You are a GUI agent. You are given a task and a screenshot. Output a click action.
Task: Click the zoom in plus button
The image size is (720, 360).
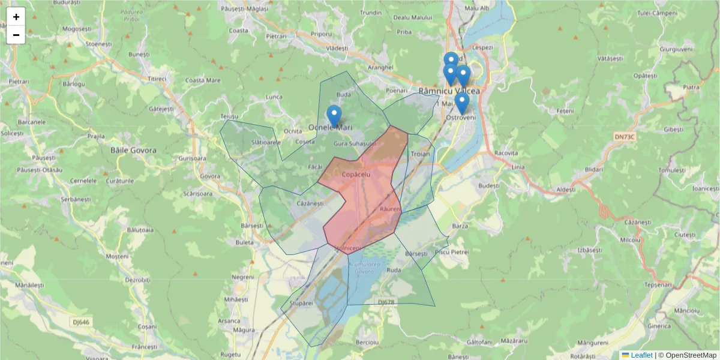[x=16, y=17]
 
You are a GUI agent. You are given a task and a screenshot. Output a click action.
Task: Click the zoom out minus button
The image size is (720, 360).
[x=16, y=35]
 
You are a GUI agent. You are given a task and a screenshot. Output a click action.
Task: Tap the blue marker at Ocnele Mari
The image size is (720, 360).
[x=334, y=115]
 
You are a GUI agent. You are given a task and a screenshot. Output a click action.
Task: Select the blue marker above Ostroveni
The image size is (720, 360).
[x=461, y=102]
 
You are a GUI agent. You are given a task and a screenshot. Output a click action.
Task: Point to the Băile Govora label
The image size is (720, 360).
[x=133, y=151]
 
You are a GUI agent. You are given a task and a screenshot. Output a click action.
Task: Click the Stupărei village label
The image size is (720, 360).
[x=301, y=304]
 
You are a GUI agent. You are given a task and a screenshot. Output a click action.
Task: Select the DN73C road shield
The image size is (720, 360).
[x=624, y=137]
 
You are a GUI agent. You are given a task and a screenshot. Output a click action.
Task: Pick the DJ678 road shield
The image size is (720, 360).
[x=386, y=302]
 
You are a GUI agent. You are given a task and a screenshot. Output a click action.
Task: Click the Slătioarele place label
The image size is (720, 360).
[x=266, y=142]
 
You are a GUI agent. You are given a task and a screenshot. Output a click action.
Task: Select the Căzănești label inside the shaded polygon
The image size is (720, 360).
[x=310, y=203]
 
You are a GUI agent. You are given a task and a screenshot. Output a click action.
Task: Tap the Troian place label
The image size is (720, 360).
[x=420, y=154]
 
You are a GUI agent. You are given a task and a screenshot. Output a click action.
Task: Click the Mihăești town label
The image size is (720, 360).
[x=236, y=299]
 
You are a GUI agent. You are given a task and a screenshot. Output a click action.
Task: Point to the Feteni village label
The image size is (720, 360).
[x=565, y=112]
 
